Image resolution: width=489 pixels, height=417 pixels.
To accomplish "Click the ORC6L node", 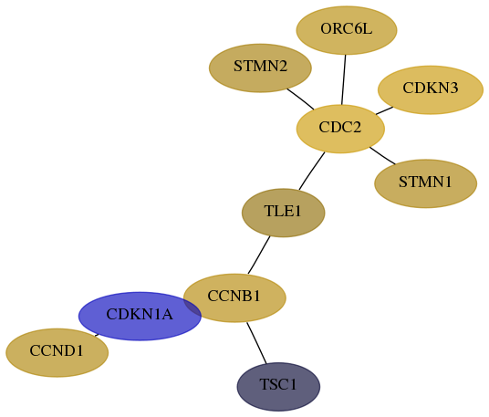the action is click(x=347, y=30).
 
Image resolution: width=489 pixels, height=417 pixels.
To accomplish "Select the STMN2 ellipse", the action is click(x=260, y=68).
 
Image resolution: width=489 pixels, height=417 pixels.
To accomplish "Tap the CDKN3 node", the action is click(x=431, y=89).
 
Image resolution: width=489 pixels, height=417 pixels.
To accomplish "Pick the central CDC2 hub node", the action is click(x=340, y=129).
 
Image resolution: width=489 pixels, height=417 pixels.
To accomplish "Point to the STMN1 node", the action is click(x=426, y=183).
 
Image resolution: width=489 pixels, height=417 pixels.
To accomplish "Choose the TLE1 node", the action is click(x=284, y=213).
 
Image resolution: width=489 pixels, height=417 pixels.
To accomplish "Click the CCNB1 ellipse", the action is click(x=234, y=297).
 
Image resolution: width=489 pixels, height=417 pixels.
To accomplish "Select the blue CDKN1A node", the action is click(x=140, y=317).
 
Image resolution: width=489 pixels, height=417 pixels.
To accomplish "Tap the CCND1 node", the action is click(x=57, y=353).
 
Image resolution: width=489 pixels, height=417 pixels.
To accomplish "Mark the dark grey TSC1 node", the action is click(x=278, y=387).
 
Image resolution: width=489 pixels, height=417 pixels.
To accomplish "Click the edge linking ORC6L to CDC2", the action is click(x=344, y=80).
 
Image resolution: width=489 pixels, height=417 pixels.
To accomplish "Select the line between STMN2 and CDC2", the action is click(x=300, y=99).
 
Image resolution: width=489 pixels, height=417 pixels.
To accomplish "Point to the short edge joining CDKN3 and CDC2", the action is click(x=384, y=110).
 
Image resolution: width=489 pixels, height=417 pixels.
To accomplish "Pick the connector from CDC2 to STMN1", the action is click(x=382, y=155).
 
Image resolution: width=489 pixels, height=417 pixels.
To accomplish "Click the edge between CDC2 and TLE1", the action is click(x=312, y=171).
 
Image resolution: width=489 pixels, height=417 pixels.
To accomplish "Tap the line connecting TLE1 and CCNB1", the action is click(x=259, y=255).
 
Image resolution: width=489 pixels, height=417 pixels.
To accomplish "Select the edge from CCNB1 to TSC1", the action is click(x=256, y=343).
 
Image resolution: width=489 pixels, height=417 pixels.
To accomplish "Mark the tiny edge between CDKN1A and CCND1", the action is click(x=97, y=335).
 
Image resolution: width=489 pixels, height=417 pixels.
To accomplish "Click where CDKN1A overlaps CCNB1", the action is click(x=192, y=307).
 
